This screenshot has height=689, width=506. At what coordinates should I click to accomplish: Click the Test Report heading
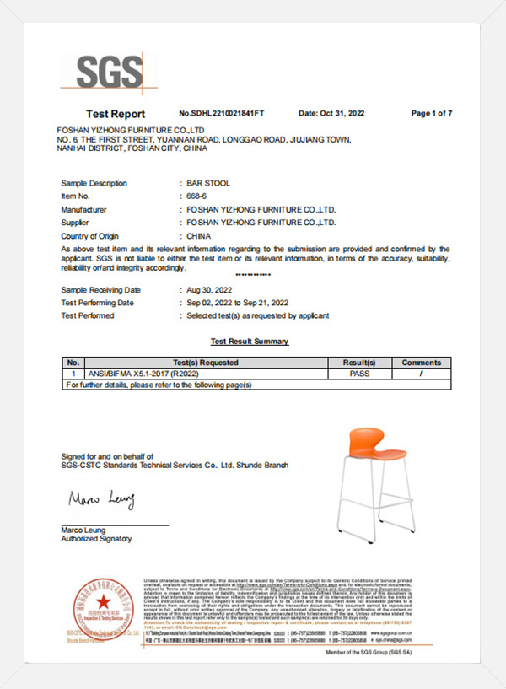116,114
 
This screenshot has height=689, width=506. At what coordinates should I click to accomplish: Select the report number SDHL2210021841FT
222,113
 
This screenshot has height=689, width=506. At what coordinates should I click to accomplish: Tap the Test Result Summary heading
249,342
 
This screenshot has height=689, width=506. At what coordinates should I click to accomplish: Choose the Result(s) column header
359,363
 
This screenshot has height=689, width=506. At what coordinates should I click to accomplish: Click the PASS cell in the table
359,373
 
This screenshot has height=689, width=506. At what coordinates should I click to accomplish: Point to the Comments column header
421,363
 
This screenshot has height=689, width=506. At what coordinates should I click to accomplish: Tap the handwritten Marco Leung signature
100,501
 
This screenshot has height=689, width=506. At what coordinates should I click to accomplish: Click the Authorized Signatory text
97,539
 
